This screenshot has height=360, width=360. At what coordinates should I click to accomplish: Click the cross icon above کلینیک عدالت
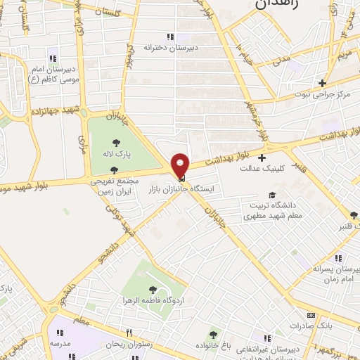click(x=262, y=157)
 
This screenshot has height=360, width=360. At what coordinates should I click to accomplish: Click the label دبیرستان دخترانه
click(x=169, y=47)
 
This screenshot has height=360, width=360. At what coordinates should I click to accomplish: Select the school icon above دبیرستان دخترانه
click(x=169, y=37)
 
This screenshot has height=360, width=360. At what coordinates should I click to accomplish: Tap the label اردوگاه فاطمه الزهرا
click(x=153, y=300)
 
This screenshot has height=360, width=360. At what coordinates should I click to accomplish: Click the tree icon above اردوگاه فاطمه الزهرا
click(x=153, y=288)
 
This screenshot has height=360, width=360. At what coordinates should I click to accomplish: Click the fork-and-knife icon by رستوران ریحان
click(x=129, y=333)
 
